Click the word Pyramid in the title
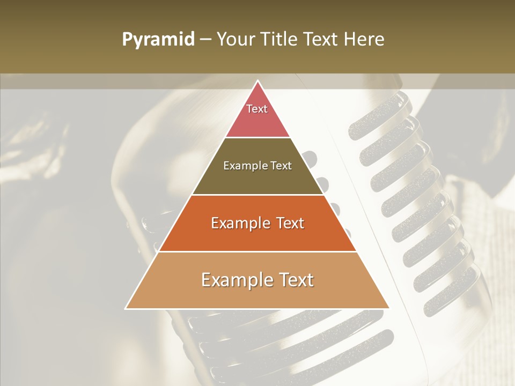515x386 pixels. click(x=158, y=40)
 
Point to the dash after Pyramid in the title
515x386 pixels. click(x=205, y=40)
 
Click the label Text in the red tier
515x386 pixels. click(x=257, y=109)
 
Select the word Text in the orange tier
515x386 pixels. click(x=288, y=223)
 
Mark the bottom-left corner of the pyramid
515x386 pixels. click(x=126, y=308)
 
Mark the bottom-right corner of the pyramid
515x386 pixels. click(x=389, y=308)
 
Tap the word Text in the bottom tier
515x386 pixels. click(x=295, y=280)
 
